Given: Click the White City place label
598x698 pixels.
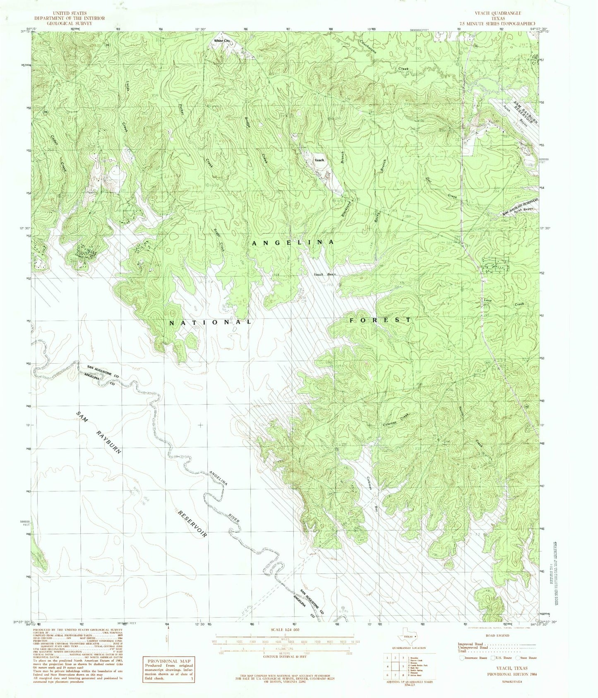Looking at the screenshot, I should click(221, 41).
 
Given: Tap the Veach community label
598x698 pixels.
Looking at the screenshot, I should click(319, 160).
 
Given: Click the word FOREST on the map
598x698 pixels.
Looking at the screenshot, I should click(380, 320).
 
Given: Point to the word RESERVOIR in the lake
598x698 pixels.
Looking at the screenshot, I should click(192, 523).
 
